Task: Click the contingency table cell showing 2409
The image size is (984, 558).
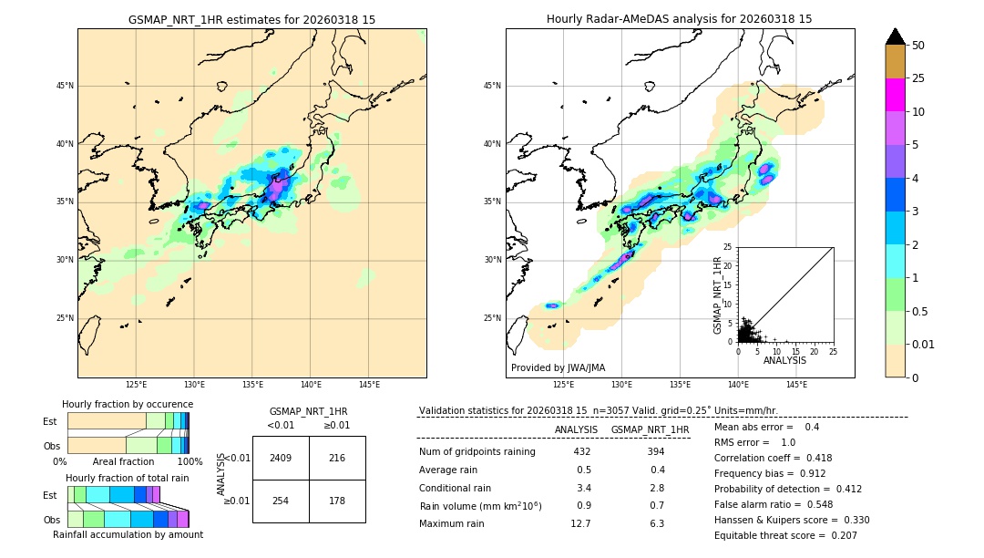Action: pos(281,458)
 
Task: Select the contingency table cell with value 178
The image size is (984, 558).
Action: pos(337,501)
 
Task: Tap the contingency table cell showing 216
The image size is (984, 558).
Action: pos(337,458)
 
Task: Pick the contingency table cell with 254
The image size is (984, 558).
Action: pos(281,501)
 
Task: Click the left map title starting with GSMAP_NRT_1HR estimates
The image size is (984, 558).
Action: pos(251,19)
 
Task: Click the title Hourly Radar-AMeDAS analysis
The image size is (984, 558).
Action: pos(680,19)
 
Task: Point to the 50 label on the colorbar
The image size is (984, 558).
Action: pos(918,46)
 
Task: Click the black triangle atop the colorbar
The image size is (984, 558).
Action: pos(896,36)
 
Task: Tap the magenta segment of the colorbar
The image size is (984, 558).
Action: pos(896,95)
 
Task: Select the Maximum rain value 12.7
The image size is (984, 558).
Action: pos(581,523)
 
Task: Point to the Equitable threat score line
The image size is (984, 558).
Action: pos(785,535)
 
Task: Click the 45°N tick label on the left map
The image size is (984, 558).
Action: pos(65,86)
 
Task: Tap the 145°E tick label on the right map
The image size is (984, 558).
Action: pos(796,385)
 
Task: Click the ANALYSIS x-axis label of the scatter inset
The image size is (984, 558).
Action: pos(784,360)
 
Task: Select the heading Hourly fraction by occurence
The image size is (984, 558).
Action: pos(128,404)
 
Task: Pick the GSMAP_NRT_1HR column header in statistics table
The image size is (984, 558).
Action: pos(650,429)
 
